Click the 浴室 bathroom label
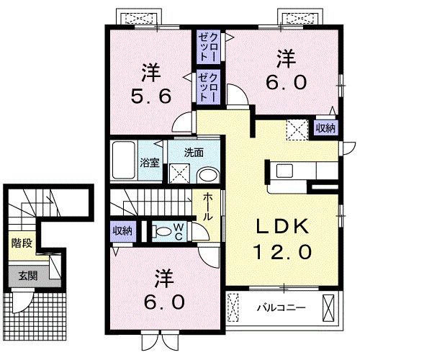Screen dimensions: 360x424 click(x=150, y=163)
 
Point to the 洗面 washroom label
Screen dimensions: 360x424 click(x=193, y=152)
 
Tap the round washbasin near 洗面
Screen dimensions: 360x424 click(x=208, y=175)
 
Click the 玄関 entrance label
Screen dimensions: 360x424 click(x=29, y=275)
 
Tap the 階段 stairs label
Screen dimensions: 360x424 click(x=21, y=243)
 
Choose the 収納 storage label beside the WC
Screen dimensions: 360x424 click(x=122, y=231)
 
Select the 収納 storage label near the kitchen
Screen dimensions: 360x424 click(x=325, y=128)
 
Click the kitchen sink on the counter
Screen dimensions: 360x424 click(x=284, y=171)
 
